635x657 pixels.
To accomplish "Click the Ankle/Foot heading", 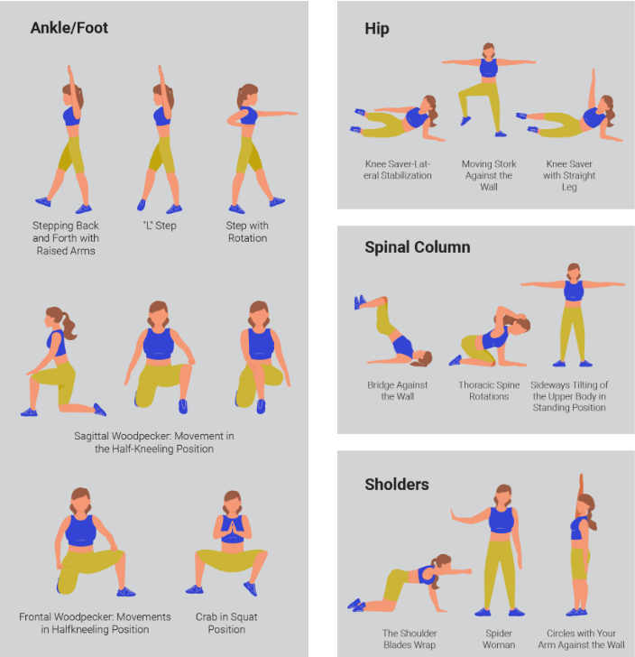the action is point(69,28).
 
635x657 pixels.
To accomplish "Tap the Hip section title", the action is point(377,29).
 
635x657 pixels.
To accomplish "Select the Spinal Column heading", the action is point(418,247).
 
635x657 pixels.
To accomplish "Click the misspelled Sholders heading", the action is point(397,485).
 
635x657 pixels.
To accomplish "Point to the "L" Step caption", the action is point(160,226).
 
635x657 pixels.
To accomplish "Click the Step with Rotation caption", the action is point(247,232).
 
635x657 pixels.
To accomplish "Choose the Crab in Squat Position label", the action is point(226,623).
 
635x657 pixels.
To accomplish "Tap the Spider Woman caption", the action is point(499,639).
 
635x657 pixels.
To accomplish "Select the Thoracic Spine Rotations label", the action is point(489,391).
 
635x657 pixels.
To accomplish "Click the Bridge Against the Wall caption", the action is point(398,391).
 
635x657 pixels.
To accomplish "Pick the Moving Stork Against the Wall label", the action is point(489,175).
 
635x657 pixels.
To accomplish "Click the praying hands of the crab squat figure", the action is point(232,529).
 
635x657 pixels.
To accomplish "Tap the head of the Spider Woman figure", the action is point(503,495).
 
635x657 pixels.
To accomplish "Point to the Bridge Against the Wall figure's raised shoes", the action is point(359,301).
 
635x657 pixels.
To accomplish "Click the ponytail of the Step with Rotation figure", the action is point(241,98).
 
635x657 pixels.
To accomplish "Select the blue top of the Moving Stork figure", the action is point(488,68).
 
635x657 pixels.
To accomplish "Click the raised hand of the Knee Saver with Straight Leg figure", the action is point(594,74).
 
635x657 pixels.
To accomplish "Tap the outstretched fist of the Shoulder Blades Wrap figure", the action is point(467,570).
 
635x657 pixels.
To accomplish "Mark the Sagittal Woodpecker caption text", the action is point(153,442).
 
